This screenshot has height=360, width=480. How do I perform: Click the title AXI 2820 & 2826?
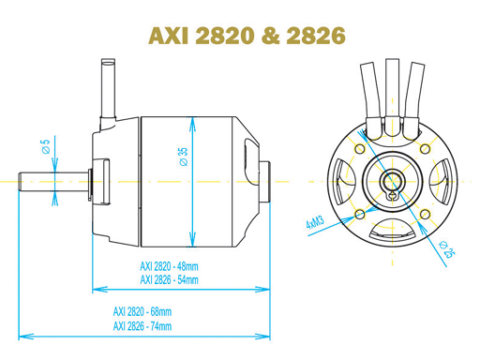(x=247, y=36)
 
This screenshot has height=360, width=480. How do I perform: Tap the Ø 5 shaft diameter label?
(x=46, y=146)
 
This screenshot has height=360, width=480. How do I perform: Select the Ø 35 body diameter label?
(x=184, y=157)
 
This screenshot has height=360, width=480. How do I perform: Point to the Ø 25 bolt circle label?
(x=447, y=249)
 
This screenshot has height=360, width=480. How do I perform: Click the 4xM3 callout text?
(x=315, y=222)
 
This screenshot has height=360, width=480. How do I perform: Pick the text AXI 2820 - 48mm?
(x=169, y=266)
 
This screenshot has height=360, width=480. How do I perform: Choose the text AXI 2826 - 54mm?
(x=169, y=279)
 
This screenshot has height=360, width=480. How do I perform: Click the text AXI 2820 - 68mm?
(x=142, y=311)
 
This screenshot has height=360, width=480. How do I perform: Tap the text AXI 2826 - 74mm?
(x=142, y=326)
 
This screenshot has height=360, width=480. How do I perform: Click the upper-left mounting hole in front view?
(x=360, y=148)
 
